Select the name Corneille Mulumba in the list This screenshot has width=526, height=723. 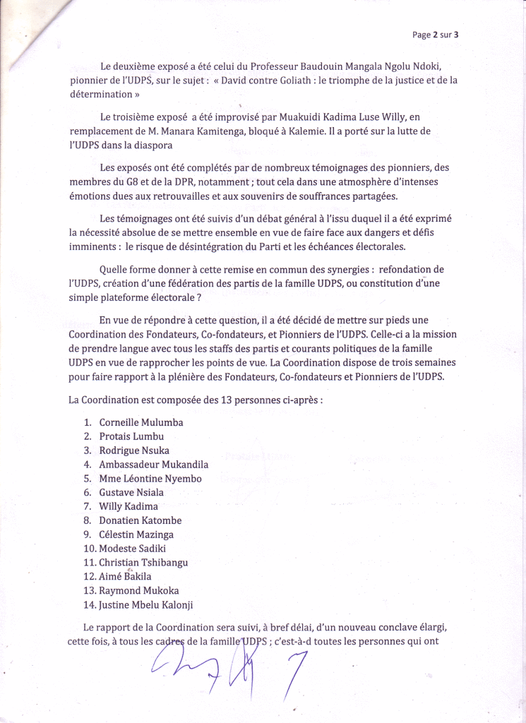coord(141,422)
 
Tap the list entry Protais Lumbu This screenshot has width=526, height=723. coord(131,436)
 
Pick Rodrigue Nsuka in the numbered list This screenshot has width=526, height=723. coord(134,450)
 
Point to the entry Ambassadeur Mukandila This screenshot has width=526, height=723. coord(153,465)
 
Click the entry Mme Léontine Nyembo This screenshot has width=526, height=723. coord(150,479)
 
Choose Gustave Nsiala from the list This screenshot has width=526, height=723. coord(131,492)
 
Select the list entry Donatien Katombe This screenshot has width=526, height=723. coord(140,520)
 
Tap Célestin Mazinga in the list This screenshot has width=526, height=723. coord(136,534)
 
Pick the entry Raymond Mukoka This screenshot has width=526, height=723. coord(139,590)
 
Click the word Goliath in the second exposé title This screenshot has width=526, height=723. coord(292,80)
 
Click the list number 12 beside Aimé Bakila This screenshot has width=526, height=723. coord(90,576)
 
